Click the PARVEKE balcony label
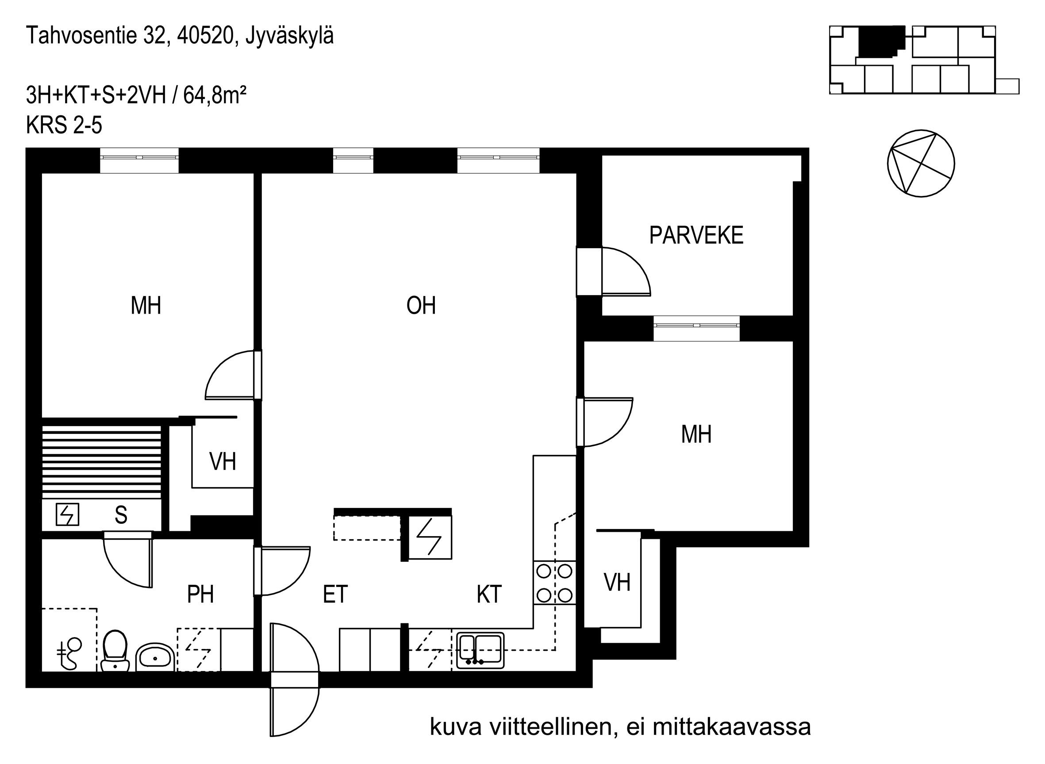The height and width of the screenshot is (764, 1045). coord(696,235)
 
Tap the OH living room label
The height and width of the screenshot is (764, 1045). coord(421,306)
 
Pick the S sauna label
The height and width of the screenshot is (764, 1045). coord(121,515)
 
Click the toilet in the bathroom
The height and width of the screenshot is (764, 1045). coord(115,651)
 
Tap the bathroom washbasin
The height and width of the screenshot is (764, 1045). coord(155,656)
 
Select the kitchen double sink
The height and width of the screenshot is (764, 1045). coord(480,650)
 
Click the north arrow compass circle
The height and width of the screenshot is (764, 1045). coord(921,163)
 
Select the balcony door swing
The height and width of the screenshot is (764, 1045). coord(626,272)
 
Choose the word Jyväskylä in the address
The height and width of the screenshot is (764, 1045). coord(289,37)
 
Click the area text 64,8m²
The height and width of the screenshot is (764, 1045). coord(215,96)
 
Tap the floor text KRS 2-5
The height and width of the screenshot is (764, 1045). coord(64,125)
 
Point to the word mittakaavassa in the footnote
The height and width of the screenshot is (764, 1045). coord(731,727)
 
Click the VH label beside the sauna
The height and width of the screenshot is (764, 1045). coord(223,461)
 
